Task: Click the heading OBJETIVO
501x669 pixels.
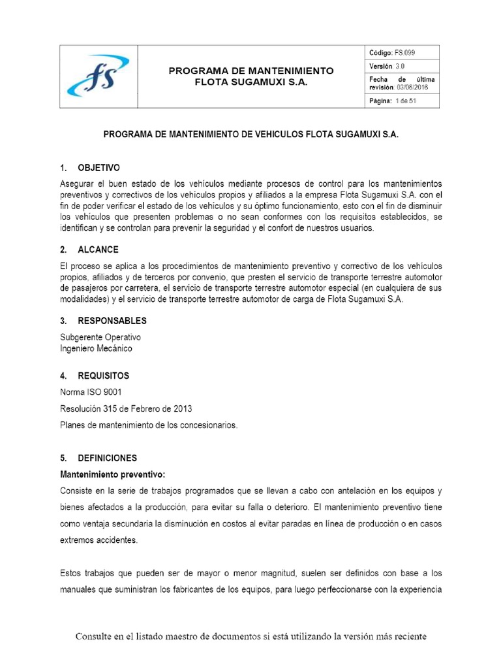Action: (x=99, y=168)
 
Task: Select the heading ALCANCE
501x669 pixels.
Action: (x=98, y=250)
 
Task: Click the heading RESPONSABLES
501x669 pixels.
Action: (x=112, y=321)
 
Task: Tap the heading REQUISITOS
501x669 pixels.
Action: (x=103, y=376)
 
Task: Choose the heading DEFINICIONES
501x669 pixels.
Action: (x=107, y=458)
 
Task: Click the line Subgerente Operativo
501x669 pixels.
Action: (x=100, y=337)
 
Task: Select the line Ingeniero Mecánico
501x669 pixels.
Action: (x=96, y=348)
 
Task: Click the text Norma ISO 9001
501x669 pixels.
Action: (x=91, y=392)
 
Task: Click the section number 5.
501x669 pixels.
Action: (x=63, y=458)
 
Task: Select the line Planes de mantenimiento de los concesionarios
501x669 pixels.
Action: (x=149, y=425)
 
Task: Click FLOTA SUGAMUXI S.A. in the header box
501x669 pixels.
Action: (x=251, y=82)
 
